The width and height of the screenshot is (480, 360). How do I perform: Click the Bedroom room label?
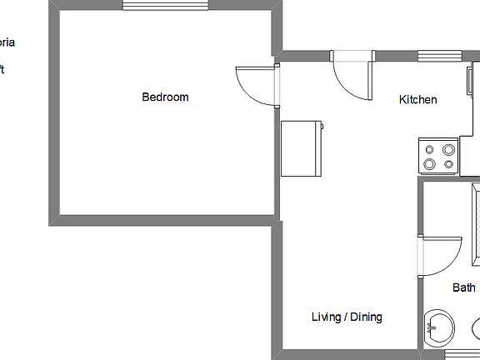(165, 97)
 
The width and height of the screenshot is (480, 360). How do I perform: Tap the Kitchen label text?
(417, 100)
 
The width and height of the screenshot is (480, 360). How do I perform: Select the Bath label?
(464, 287)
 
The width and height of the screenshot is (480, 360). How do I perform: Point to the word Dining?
(366, 317)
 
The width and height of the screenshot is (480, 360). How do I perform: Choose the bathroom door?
(442, 255)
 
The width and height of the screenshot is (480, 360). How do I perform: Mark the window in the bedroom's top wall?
(165, 5)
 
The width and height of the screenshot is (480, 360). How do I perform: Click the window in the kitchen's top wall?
(439, 56)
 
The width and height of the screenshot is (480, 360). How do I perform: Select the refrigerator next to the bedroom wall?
(301, 148)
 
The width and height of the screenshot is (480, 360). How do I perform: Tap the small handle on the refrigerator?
(323, 127)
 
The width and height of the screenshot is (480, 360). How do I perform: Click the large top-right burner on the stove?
(449, 150)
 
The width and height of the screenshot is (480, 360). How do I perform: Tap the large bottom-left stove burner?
(431, 164)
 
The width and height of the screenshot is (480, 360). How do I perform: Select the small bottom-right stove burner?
(449, 164)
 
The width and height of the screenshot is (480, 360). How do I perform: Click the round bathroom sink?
(440, 326)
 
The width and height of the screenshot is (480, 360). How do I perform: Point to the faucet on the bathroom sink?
(428, 327)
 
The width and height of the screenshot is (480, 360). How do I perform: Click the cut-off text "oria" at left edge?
(7, 42)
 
